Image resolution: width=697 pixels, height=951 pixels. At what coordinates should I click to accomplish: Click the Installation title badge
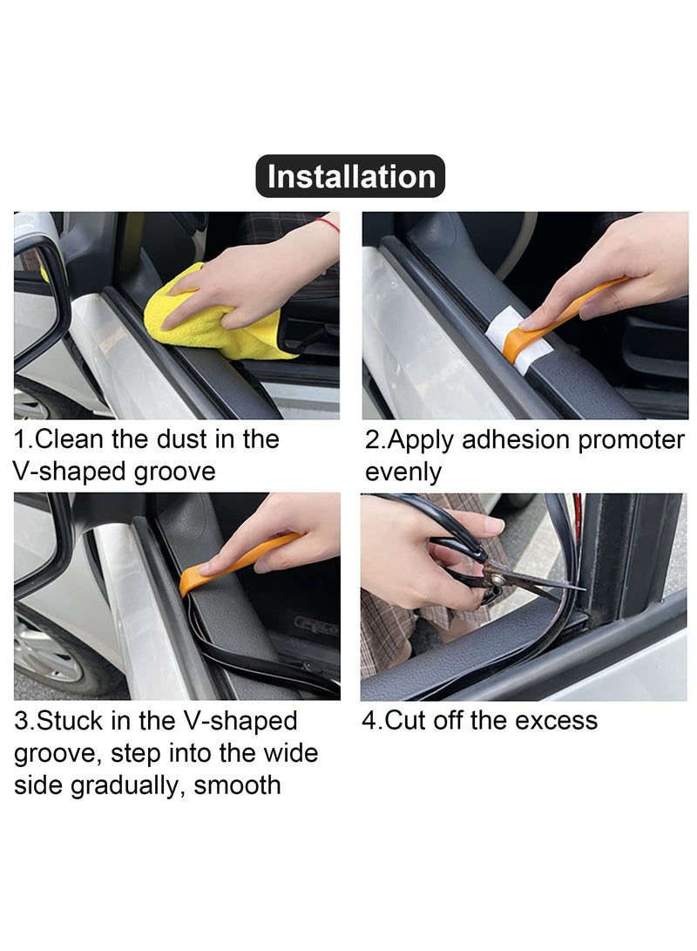349,176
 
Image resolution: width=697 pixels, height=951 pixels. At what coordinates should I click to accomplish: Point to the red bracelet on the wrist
328,224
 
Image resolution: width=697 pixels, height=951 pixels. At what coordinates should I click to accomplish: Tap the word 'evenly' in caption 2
403,472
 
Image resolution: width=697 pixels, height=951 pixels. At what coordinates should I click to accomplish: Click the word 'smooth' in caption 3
237,785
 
